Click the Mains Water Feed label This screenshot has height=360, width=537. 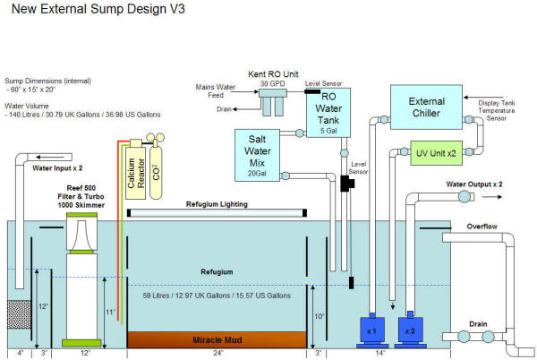(x=215, y=90)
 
